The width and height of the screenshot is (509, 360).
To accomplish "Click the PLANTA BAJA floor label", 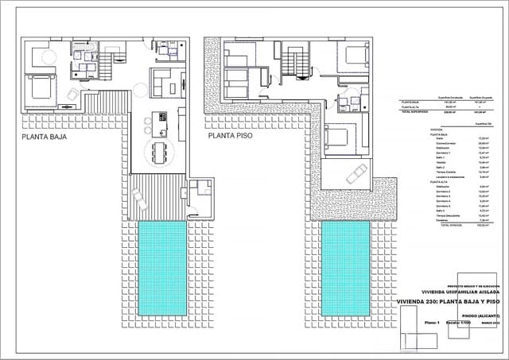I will click(45, 137).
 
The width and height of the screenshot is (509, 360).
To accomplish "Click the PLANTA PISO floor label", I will click(231, 136).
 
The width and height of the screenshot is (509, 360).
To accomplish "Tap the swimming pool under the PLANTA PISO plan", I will click(346, 267).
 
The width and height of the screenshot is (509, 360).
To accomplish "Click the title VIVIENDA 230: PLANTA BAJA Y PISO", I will click(448, 302).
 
